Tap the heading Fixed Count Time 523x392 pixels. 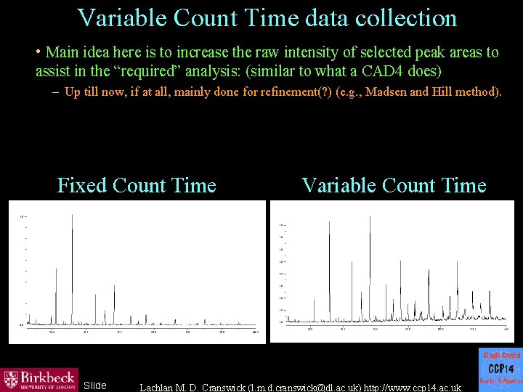(x=137, y=186)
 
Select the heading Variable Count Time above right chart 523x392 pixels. (x=394, y=186)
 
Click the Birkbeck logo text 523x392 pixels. (x=47, y=376)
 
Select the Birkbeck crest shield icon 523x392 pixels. (x=11, y=379)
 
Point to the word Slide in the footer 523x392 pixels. (x=95, y=385)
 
